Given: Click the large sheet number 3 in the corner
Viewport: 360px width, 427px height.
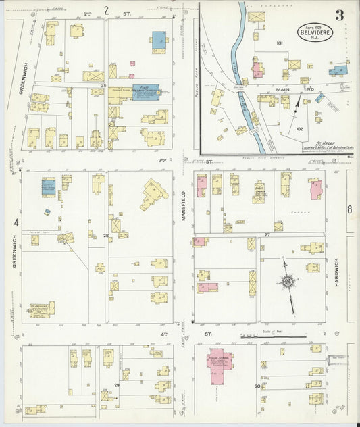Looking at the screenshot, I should tap(338, 14).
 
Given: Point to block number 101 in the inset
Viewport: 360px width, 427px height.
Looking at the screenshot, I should tap(279, 43).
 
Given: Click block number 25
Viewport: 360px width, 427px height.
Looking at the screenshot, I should tap(103, 86).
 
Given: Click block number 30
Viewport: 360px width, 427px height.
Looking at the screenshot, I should tap(257, 386).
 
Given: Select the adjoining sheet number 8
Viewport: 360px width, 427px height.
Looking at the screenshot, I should tap(349, 209).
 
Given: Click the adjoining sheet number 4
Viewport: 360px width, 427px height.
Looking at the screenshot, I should tap(16, 222).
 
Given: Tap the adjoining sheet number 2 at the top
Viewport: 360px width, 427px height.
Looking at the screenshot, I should tap(106, 10).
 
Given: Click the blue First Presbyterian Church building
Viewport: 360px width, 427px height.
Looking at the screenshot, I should tap(145, 93).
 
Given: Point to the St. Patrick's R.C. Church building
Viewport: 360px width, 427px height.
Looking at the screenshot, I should tap(41, 310).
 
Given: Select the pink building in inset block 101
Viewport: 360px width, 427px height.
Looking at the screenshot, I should tap(258, 70).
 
